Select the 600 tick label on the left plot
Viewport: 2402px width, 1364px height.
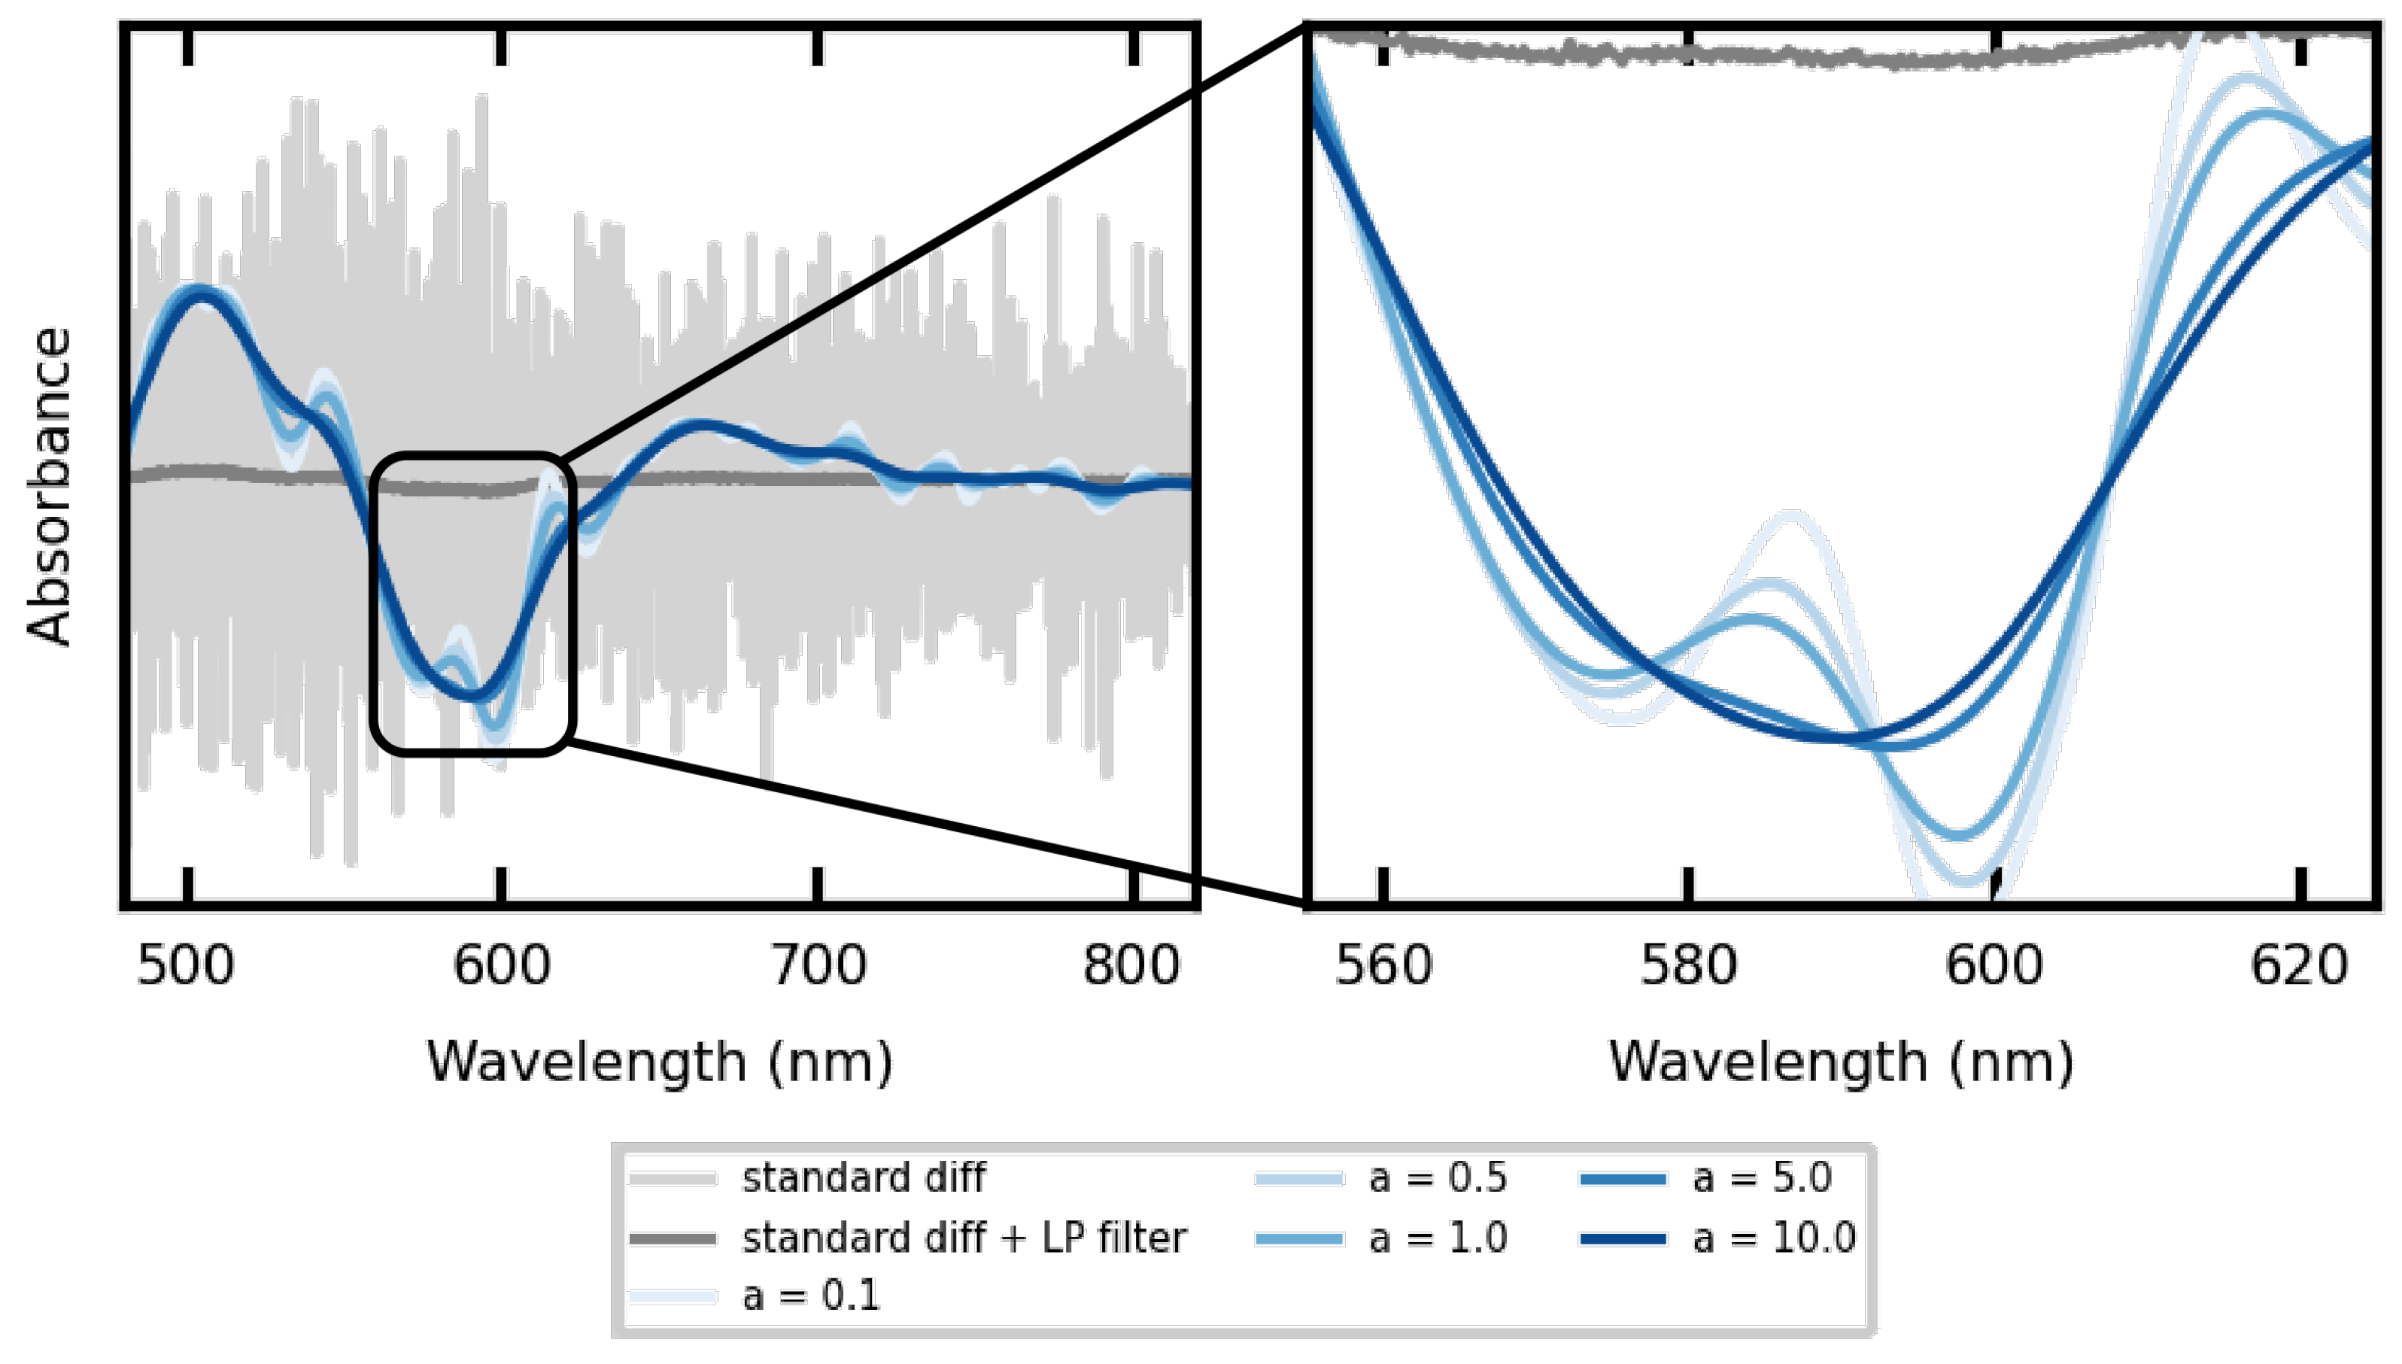pyautogui.click(x=501, y=966)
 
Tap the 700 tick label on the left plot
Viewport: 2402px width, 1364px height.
pyautogui.click(x=818, y=966)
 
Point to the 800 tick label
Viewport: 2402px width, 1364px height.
pyautogui.click(x=1131, y=966)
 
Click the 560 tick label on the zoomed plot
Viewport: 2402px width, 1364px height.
pyautogui.click(x=1383, y=966)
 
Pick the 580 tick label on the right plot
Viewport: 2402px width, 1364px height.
pyautogui.click(x=1688, y=966)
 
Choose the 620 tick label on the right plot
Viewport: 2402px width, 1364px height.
pyautogui.click(x=2299, y=966)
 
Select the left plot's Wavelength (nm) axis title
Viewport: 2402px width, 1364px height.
pyautogui.click(x=659, y=1063)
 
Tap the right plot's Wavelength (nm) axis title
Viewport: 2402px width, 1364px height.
pyautogui.click(x=1841, y=1063)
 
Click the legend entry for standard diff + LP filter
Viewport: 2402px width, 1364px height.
pyautogui.click(x=964, y=1238)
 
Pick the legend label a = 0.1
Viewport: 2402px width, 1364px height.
pyautogui.click(x=811, y=1296)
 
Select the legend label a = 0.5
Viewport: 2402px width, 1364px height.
pyautogui.click(x=1438, y=1178)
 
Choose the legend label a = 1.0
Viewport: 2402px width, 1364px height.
pyautogui.click(x=1438, y=1238)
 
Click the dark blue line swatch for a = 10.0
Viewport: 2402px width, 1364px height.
pyautogui.click(x=1623, y=1239)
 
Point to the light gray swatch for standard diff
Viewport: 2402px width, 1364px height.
pyautogui.click(x=673, y=1178)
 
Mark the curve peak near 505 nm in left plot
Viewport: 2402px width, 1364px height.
pyautogui.click(x=199, y=292)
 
